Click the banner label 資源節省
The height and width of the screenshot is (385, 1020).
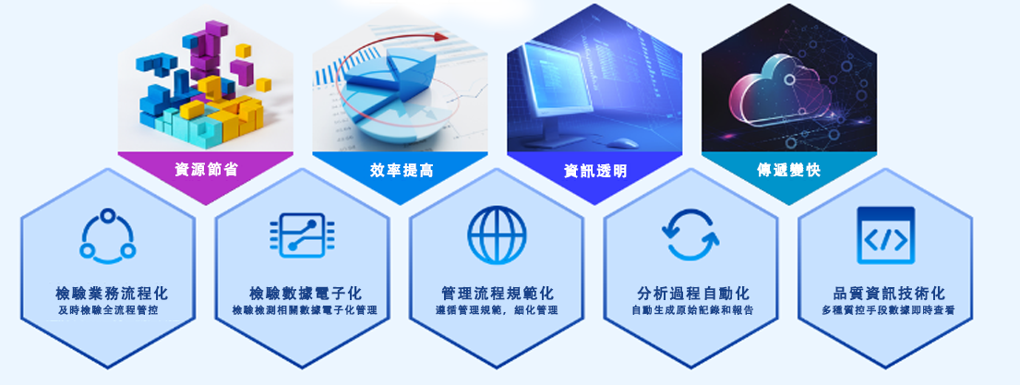coord(206,171)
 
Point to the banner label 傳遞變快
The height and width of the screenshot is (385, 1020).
coord(789,171)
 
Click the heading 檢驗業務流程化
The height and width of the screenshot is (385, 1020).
coord(112,294)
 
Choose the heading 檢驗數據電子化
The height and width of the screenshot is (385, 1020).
coord(306,294)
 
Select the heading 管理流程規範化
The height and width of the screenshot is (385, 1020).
coord(498,294)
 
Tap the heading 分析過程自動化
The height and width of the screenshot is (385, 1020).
coord(693,294)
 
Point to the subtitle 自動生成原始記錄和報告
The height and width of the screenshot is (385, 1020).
coord(692,310)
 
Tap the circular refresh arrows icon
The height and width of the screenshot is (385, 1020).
coord(690,235)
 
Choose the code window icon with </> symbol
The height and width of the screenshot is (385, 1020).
coord(886,235)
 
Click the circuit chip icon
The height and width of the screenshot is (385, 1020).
coord(303,235)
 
